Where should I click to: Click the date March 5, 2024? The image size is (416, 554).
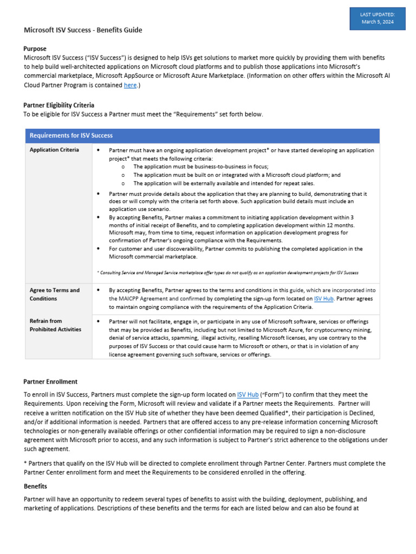tap(378, 22)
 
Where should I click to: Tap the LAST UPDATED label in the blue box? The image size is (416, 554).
tap(378, 14)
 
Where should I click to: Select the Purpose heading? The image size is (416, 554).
tap(35, 49)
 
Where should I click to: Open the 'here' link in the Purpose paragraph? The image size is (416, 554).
tap(130, 85)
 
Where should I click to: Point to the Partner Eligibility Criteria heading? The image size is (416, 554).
tap(58, 105)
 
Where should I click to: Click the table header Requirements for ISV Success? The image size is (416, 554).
tap(71, 135)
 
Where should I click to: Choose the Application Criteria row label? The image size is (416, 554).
tap(54, 150)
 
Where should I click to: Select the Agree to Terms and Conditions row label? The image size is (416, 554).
tap(54, 294)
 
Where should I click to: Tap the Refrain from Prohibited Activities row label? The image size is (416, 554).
tap(55, 325)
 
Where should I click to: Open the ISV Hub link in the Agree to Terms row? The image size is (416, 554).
tap(324, 299)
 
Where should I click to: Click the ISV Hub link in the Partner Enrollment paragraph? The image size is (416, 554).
tap(248, 395)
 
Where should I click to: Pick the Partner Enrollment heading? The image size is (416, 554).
tap(50, 381)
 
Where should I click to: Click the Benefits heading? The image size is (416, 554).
tap(35, 486)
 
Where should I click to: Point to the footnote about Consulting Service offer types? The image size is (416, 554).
tap(227, 273)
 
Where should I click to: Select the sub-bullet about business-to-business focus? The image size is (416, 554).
tap(201, 167)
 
